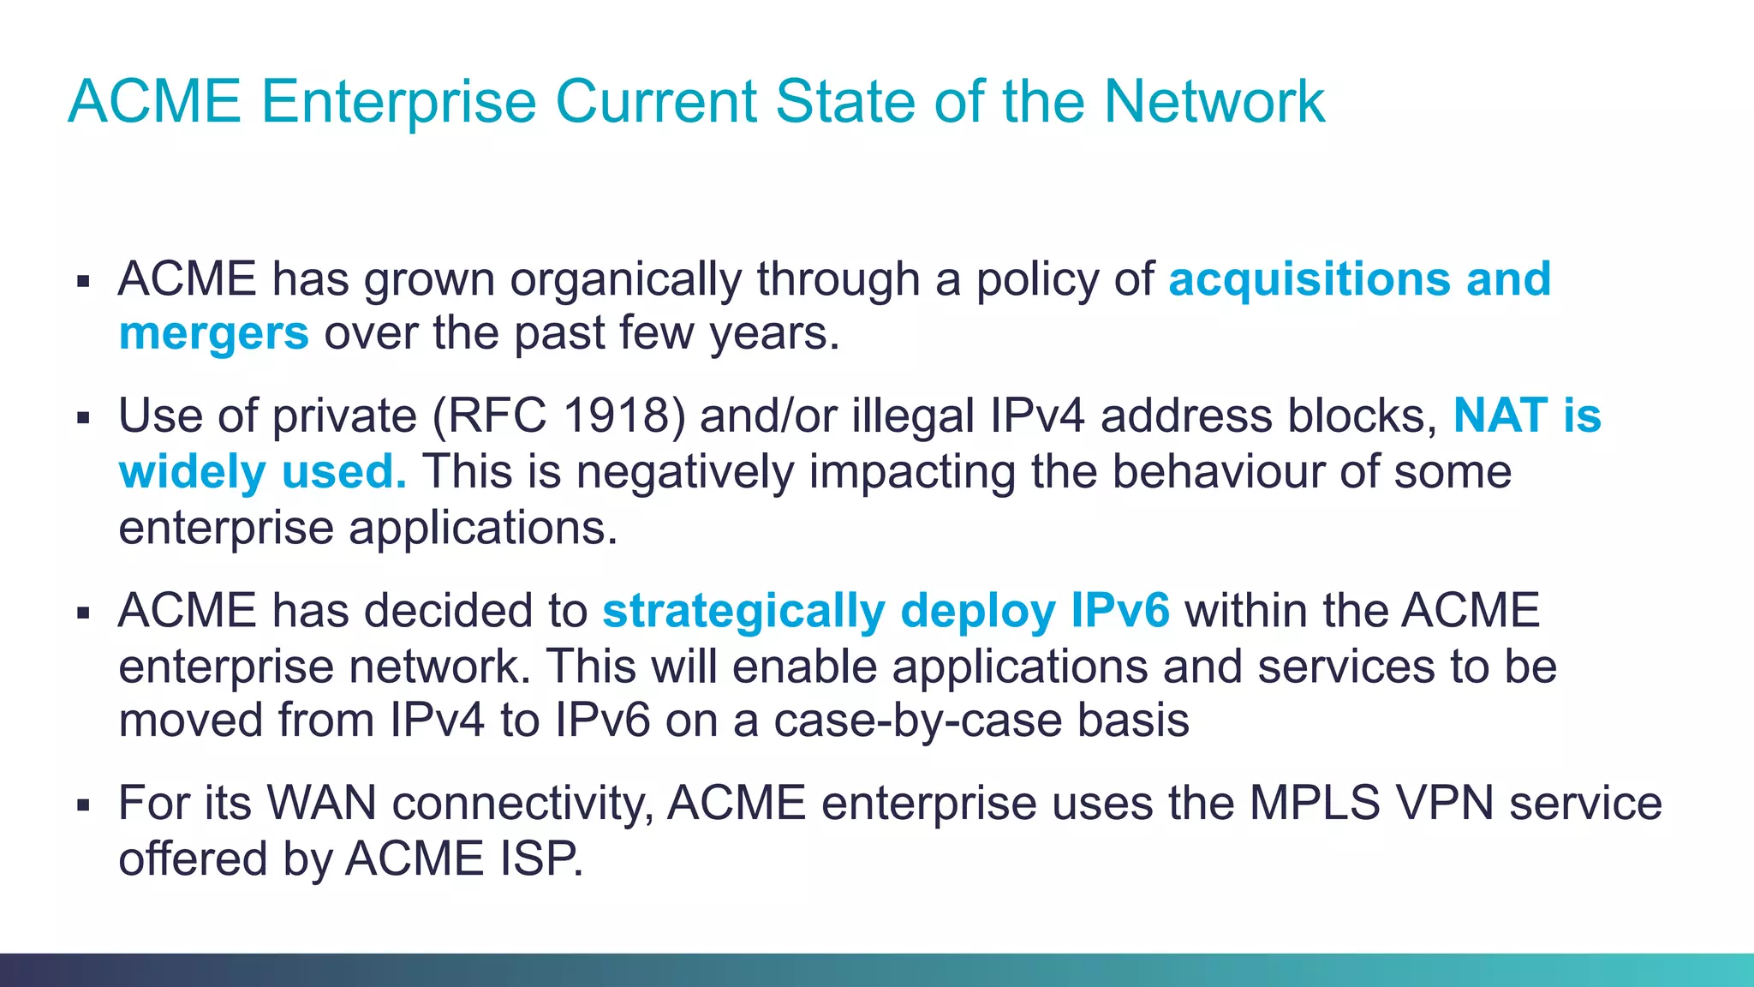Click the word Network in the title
click(x=1214, y=102)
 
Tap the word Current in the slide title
click(x=657, y=102)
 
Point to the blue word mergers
click(x=213, y=333)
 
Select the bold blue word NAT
click(x=1500, y=416)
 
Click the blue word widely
click(x=193, y=472)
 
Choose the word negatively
click(x=685, y=472)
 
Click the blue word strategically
click(x=743, y=612)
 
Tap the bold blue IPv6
click(x=1120, y=612)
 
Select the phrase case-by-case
click(x=918, y=721)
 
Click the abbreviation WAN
click(x=322, y=804)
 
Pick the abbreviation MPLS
click(x=1315, y=804)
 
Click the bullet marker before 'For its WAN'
click(x=83, y=805)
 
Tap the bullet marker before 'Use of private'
click(x=83, y=418)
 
